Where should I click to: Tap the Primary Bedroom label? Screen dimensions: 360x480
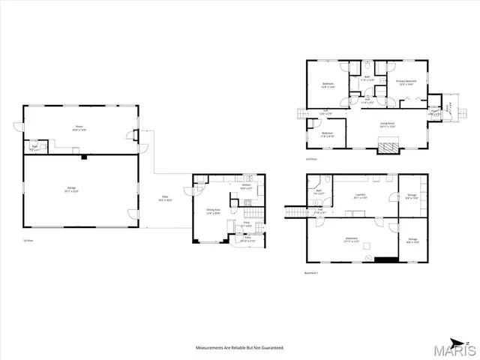[x=406, y=83]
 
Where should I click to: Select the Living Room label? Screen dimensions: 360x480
[x=386, y=124]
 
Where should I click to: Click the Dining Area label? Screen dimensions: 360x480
[x=213, y=211]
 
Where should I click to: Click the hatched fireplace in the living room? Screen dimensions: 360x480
[x=387, y=147]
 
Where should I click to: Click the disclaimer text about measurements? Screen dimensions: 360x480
[x=240, y=348]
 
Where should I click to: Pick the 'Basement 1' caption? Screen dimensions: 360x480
[x=312, y=272]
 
